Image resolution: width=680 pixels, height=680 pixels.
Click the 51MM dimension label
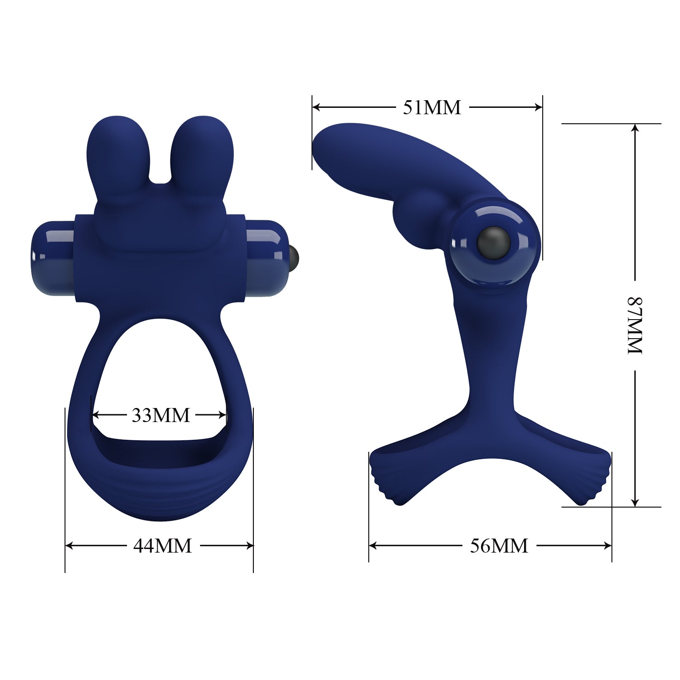click(x=432, y=107)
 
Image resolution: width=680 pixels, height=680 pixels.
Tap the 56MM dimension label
click(x=499, y=545)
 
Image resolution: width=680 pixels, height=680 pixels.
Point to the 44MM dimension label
click(x=162, y=545)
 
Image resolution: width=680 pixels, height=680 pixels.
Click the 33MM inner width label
click(x=160, y=415)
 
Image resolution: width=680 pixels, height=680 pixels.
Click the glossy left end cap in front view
click(x=52, y=257)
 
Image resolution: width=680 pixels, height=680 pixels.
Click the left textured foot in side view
click(x=385, y=476)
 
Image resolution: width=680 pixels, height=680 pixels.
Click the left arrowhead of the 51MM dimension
click(x=316, y=107)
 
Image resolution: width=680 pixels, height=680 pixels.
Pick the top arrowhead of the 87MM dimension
click(x=635, y=129)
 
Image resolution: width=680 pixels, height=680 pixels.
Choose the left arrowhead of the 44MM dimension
click(x=69, y=545)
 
